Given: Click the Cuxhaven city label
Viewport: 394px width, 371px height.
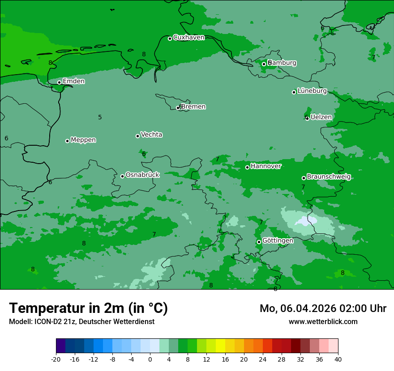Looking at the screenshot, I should [x=188, y=38].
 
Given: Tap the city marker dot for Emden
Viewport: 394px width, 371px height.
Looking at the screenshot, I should [x=59, y=82].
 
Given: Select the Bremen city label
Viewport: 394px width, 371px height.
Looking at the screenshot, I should [x=193, y=107].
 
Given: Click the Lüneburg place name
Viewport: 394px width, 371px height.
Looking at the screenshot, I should [x=312, y=91].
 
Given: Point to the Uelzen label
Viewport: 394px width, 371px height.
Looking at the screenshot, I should [x=321, y=117].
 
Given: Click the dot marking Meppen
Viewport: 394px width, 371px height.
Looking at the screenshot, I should [x=67, y=141].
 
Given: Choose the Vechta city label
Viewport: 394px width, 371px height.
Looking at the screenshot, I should [x=151, y=135].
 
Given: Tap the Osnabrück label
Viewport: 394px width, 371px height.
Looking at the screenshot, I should [x=142, y=175].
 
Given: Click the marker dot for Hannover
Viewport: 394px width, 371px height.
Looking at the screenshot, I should [x=247, y=167].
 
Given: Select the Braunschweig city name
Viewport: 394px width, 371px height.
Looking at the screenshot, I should [x=329, y=177].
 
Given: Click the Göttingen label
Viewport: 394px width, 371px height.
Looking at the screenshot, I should [x=278, y=240].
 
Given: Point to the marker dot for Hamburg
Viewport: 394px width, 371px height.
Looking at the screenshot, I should [x=264, y=64].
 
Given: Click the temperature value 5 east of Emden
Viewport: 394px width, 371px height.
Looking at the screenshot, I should [x=100, y=117].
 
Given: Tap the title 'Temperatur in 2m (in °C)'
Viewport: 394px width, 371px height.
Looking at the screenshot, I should [x=88, y=308].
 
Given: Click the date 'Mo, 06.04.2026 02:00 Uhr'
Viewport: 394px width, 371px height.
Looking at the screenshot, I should [x=323, y=308].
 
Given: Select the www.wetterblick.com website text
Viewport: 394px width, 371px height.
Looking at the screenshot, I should [x=323, y=321].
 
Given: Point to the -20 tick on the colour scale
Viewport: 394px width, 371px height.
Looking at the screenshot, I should [x=56, y=359].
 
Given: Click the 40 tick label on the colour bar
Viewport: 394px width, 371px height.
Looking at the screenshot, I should [x=338, y=359].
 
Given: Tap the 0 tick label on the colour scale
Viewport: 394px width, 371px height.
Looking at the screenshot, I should [x=150, y=359].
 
